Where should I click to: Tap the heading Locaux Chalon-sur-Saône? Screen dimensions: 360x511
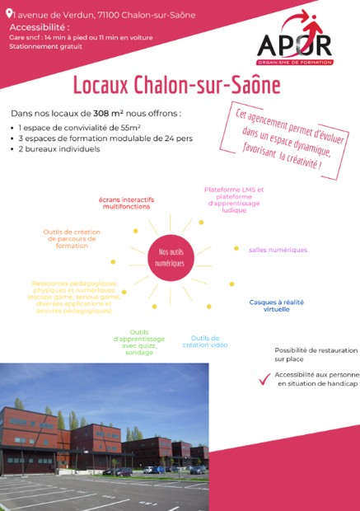(176, 85)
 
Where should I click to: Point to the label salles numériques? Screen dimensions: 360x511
(278, 250)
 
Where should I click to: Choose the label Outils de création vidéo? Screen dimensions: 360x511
(205, 341)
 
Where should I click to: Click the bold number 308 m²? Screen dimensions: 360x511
(110, 113)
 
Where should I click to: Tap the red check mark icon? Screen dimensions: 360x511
(264, 379)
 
